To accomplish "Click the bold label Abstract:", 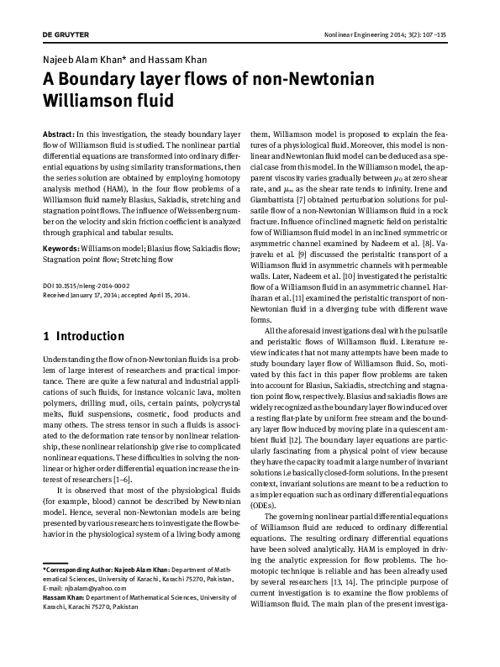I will (x=58, y=135).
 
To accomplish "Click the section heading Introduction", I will (x=90, y=337).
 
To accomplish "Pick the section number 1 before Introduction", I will (x=45, y=337).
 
